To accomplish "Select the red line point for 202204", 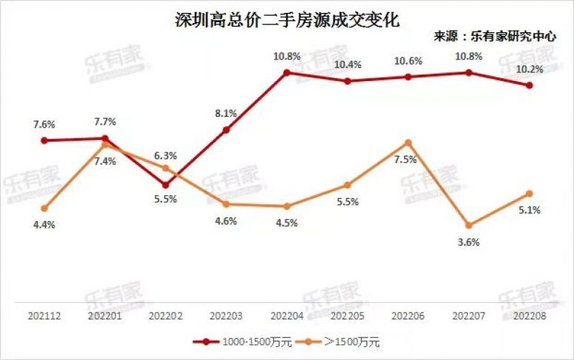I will coord(286,72).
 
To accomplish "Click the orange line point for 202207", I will coord(469,225).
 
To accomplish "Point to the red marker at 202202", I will coord(166,184).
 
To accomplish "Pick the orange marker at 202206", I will coord(408,143).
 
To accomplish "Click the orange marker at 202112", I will coord(44,209).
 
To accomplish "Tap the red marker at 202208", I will coord(530,85).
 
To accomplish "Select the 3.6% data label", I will coord(468,242).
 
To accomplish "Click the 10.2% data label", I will coord(530,70).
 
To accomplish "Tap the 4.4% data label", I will coord(44,224).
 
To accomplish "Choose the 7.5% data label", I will coord(405,159).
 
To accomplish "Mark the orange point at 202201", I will coord(105,145).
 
